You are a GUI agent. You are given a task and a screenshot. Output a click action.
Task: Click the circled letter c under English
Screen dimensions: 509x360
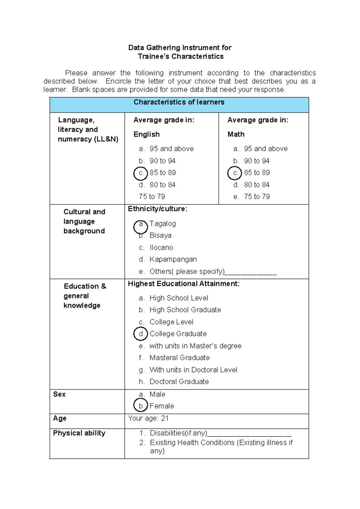(141, 173)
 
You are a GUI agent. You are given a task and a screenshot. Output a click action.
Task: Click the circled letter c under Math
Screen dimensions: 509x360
(235, 173)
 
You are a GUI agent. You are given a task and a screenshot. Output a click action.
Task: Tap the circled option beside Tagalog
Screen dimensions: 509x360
(141, 227)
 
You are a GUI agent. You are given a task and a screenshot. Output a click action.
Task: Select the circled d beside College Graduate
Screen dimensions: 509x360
(141, 334)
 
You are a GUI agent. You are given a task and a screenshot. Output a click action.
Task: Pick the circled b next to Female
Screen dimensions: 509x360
(141, 405)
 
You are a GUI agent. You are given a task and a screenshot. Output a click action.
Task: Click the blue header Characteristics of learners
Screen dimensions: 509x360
(179, 102)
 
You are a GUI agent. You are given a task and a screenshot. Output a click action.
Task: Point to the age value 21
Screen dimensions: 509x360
(165, 418)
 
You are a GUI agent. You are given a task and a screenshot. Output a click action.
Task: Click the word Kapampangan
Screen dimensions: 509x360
(173, 259)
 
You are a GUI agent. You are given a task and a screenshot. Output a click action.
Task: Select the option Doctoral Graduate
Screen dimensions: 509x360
(179, 381)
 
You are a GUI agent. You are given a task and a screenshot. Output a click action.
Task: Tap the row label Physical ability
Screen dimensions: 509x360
(79, 433)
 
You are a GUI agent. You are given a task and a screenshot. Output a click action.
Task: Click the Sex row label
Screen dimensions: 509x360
(59, 394)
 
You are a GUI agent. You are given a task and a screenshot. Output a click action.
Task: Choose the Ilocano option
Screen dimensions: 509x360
(161, 248)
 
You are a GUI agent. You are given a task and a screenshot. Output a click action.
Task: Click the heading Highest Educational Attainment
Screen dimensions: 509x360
(184, 284)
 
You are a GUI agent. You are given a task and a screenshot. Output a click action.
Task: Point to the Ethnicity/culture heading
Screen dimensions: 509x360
(157, 209)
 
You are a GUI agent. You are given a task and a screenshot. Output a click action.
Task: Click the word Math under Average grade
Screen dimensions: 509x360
(236, 134)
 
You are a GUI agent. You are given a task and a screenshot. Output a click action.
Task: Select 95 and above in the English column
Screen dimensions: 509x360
(172, 149)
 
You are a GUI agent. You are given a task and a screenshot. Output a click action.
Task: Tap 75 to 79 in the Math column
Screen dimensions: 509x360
(257, 197)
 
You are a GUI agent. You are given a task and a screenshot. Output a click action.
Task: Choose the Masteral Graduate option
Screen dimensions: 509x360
(179, 358)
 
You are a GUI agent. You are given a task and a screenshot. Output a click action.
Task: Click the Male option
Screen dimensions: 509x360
(157, 394)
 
